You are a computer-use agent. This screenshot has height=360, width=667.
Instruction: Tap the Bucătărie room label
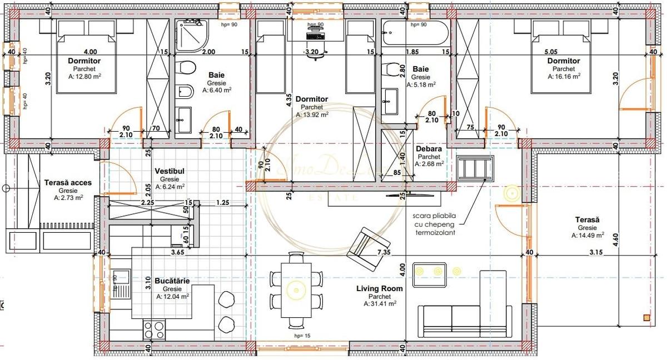coord(172,281)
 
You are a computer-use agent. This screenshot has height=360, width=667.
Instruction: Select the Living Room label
coord(380,288)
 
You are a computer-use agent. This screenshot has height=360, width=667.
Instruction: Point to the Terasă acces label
coord(67,182)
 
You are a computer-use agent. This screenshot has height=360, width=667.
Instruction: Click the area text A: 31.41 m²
coord(380,304)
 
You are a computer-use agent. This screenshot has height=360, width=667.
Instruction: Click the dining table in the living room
coord(295,288)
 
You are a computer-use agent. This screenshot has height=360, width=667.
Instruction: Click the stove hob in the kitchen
coord(154,329)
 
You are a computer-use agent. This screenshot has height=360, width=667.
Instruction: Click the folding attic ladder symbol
coord(475,168)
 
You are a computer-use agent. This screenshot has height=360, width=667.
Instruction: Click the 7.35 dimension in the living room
coord(383,252)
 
